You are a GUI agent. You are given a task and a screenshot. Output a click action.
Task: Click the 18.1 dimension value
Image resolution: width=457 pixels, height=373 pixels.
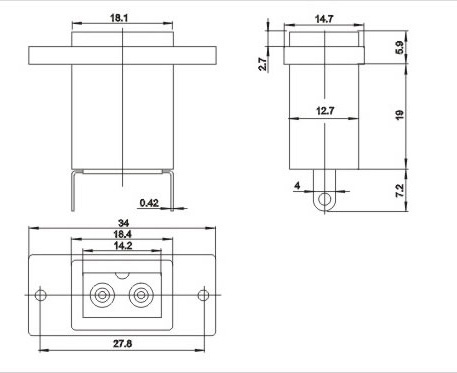119,18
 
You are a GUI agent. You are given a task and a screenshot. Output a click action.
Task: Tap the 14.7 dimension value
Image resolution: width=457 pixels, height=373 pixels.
324,19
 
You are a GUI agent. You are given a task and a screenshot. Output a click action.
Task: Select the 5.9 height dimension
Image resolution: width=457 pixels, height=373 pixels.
400,47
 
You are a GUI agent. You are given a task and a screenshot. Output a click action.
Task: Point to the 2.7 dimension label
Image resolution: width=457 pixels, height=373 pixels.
263,64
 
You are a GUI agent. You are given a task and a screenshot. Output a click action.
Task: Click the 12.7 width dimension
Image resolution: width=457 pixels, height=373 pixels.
325,110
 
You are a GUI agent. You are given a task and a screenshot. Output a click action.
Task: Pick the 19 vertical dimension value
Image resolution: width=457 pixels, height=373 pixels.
400,115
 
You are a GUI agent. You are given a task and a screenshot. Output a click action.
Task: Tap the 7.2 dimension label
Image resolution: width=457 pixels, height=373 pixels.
400,190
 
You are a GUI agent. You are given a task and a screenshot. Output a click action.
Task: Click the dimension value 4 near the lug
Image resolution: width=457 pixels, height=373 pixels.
297,186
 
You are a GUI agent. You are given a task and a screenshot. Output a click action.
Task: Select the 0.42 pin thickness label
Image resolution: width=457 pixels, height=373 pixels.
149,202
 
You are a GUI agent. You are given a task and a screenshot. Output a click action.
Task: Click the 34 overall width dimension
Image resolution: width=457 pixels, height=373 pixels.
123,223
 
